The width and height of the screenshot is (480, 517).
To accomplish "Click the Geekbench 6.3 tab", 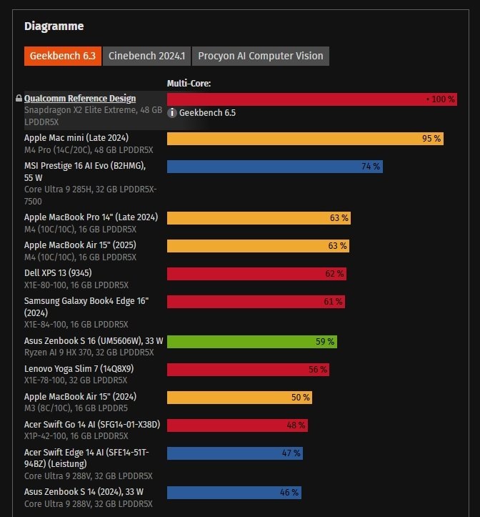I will click(x=62, y=56).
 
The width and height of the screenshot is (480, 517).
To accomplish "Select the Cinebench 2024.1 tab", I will click(x=146, y=56).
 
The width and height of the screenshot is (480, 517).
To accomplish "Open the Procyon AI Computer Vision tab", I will click(x=261, y=56).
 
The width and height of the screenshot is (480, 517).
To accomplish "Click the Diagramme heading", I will click(x=54, y=26).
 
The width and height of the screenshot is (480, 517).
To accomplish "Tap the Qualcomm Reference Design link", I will click(x=80, y=98).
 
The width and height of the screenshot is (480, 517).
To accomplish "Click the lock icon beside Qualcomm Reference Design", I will click(x=19, y=99).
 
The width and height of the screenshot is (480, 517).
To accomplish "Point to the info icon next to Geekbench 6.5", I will click(x=172, y=112).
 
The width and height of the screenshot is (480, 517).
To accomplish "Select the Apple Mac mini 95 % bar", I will click(x=305, y=139).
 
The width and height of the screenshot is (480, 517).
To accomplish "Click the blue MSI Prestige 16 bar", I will click(x=274, y=167).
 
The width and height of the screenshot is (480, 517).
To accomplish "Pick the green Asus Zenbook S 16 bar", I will click(x=251, y=342).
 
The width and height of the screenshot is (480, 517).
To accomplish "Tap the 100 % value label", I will click(x=441, y=99).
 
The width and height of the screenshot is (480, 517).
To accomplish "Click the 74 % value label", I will click(x=371, y=167).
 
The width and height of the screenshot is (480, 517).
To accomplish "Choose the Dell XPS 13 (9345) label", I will click(x=58, y=272).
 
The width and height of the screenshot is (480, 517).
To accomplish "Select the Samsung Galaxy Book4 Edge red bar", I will click(x=256, y=302).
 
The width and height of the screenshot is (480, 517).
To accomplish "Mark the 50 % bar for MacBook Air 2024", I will click(x=239, y=397).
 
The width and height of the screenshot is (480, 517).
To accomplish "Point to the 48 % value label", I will click(x=296, y=425).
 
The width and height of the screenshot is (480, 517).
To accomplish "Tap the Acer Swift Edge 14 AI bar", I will click(x=234, y=453).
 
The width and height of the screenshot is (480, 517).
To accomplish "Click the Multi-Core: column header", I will click(x=189, y=84).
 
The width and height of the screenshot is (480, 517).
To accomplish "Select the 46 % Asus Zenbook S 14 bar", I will click(x=233, y=492).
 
